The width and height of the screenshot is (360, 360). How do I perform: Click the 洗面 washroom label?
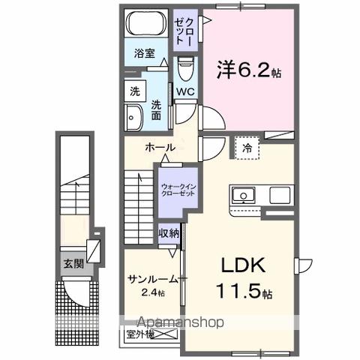(157, 111)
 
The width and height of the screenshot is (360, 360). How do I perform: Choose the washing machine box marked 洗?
(134, 92)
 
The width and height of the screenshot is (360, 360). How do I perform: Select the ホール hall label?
(160, 148)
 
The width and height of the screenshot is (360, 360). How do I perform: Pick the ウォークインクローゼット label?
(177, 187)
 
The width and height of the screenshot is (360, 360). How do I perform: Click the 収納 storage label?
(168, 233)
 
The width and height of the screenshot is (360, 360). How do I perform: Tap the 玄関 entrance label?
(73, 263)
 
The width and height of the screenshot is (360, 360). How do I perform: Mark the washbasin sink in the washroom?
(135, 118)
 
